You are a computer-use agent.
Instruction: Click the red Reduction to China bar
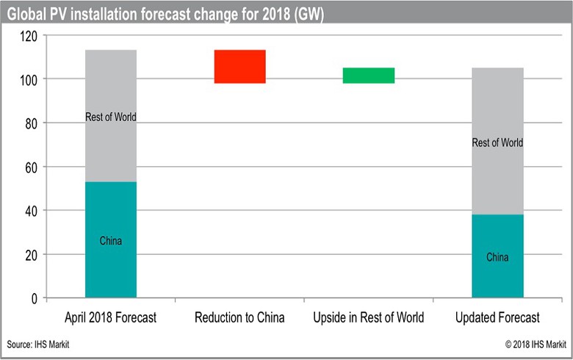pyautogui.click(x=239, y=67)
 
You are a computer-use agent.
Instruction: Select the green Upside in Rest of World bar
pyautogui.click(x=368, y=76)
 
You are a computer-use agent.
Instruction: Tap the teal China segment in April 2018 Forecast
pyautogui.click(x=111, y=240)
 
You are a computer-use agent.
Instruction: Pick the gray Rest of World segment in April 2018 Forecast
pyautogui.click(x=111, y=116)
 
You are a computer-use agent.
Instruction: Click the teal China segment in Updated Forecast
pyautogui.click(x=497, y=256)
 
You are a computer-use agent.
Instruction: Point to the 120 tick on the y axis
pyautogui.click(x=29, y=35)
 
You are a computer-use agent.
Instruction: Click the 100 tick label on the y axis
pyautogui.click(x=29, y=79)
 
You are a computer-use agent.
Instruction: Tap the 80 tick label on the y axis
pyautogui.click(x=32, y=123)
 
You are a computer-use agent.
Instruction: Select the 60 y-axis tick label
pyautogui.click(x=32, y=167)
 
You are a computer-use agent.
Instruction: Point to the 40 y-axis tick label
pyautogui.click(x=32, y=211)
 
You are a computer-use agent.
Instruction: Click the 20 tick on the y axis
pyautogui.click(x=32, y=255)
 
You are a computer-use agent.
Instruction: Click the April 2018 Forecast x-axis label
pyautogui.click(x=111, y=318)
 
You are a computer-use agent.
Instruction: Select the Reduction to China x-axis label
pyautogui.click(x=239, y=318)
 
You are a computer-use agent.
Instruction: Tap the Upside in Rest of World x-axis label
pyautogui.click(x=368, y=318)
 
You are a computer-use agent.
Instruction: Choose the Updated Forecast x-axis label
pyautogui.click(x=497, y=318)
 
